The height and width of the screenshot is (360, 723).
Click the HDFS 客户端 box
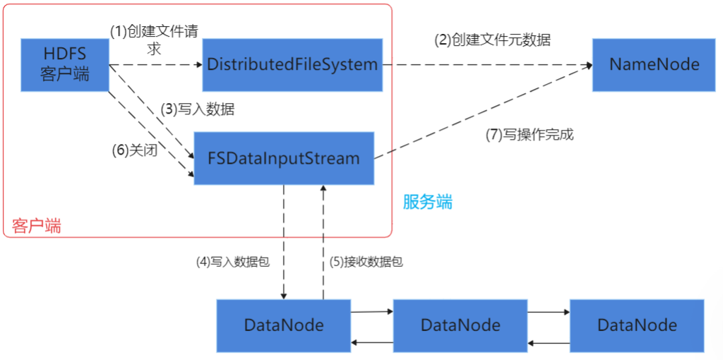(x=65, y=65)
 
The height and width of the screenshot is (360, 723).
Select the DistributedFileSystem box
(x=292, y=65)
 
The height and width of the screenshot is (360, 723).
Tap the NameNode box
(x=654, y=65)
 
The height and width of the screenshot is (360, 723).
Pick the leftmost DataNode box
(x=283, y=325)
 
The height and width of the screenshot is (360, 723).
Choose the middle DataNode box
(x=460, y=325)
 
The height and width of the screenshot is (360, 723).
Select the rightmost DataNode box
(x=636, y=325)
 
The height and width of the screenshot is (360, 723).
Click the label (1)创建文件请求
(x=153, y=39)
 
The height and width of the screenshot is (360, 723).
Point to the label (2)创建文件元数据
(x=491, y=40)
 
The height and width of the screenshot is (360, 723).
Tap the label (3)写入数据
(x=198, y=109)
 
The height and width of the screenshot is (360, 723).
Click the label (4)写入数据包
(x=233, y=261)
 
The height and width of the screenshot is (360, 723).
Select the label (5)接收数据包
(x=366, y=261)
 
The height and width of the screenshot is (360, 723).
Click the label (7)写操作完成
(x=529, y=135)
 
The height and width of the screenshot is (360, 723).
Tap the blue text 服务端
(x=427, y=203)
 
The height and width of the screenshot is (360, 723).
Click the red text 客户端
(x=36, y=226)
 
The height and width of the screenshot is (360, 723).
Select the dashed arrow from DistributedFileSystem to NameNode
(x=487, y=65)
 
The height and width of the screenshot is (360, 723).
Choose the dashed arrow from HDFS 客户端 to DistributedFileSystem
(x=155, y=65)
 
